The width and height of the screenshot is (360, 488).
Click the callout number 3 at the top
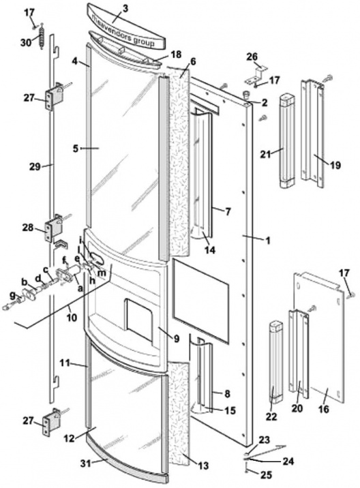tap(125, 8)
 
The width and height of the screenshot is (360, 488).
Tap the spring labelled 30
tap(40, 36)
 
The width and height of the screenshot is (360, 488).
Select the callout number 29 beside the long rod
tap(35, 167)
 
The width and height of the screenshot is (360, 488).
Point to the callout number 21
tap(266, 154)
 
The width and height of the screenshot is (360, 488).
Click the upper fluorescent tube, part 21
tap(288, 140)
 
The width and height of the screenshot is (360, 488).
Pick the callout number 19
tap(335, 165)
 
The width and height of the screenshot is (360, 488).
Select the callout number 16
tap(324, 409)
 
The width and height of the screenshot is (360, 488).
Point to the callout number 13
tap(202, 466)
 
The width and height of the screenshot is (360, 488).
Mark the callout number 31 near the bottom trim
tap(86, 463)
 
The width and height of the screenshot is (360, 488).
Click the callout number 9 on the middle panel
tap(177, 338)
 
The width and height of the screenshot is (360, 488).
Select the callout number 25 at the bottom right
tap(265, 475)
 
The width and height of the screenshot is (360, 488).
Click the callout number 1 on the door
tap(267, 241)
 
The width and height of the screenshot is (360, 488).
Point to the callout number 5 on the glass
tap(76, 149)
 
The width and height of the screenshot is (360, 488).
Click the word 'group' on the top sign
tap(144, 42)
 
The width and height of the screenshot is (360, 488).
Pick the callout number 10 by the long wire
tap(72, 318)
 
